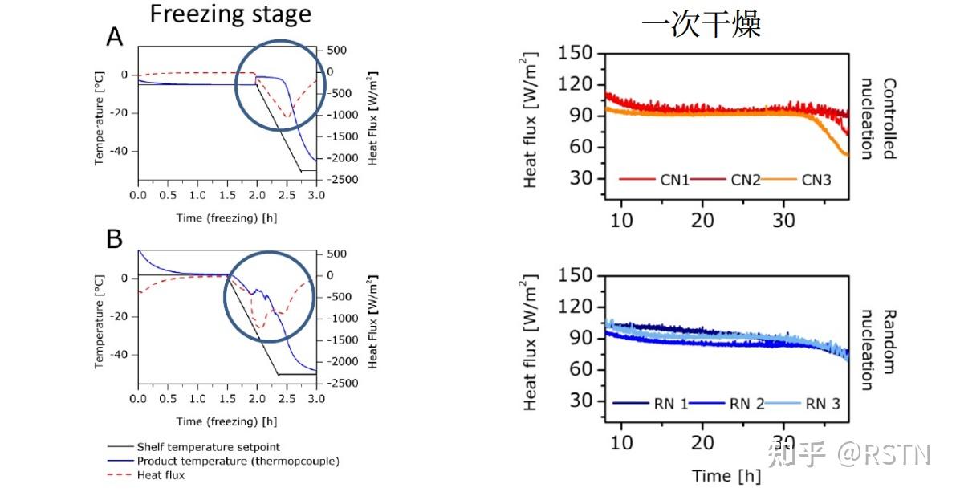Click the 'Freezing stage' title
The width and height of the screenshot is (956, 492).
pyautogui.click(x=230, y=14)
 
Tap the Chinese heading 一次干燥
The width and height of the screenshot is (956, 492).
pyautogui.click(x=701, y=24)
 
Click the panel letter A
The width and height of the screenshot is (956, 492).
pyautogui.click(x=115, y=37)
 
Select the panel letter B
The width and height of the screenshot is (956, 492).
pyautogui.click(x=115, y=240)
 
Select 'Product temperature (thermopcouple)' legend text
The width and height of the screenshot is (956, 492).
pyautogui.click(x=238, y=461)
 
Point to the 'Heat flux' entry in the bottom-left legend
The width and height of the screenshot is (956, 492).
pyautogui.click(x=161, y=475)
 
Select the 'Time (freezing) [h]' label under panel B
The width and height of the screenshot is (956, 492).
pyautogui.click(x=227, y=421)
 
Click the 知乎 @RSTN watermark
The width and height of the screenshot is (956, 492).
pyautogui.click(x=849, y=453)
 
